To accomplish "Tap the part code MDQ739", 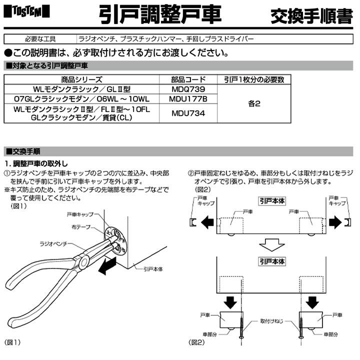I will pyautogui.click(x=188, y=88).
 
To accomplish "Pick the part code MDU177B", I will pyautogui.click(x=188, y=98).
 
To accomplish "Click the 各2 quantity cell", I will pyautogui.click(x=253, y=104).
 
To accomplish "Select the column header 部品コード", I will pyautogui.click(x=188, y=79).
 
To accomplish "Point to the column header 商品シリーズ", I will pyautogui.click(x=82, y=79).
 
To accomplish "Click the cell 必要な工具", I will pyautogui.click(x=40, y=38).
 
